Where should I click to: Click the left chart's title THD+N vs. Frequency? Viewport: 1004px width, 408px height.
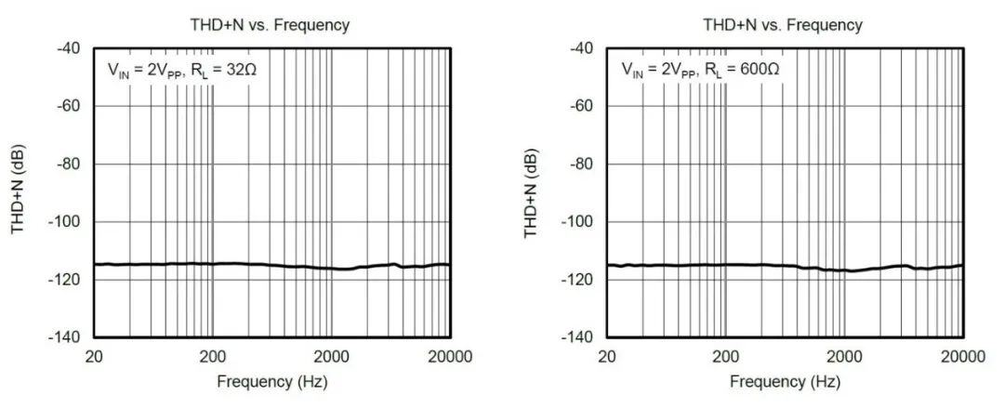[x=272, y=25]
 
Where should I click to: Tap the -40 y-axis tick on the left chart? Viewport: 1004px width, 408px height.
[x=68, y=48]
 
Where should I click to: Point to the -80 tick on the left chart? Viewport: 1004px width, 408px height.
[x=68, y=164]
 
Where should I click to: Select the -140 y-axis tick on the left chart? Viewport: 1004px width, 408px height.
[x=65, y=336]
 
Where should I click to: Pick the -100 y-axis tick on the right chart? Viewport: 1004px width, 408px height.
[x=578, y=221]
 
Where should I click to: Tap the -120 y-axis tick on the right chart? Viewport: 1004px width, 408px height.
[x=578, y=279]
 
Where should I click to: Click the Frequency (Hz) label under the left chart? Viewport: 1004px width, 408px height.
[x=272, y=382]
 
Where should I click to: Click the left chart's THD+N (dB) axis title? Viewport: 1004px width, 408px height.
[x=19, y=192]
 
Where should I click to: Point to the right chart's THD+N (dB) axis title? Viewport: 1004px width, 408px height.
[x=532, y=192]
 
